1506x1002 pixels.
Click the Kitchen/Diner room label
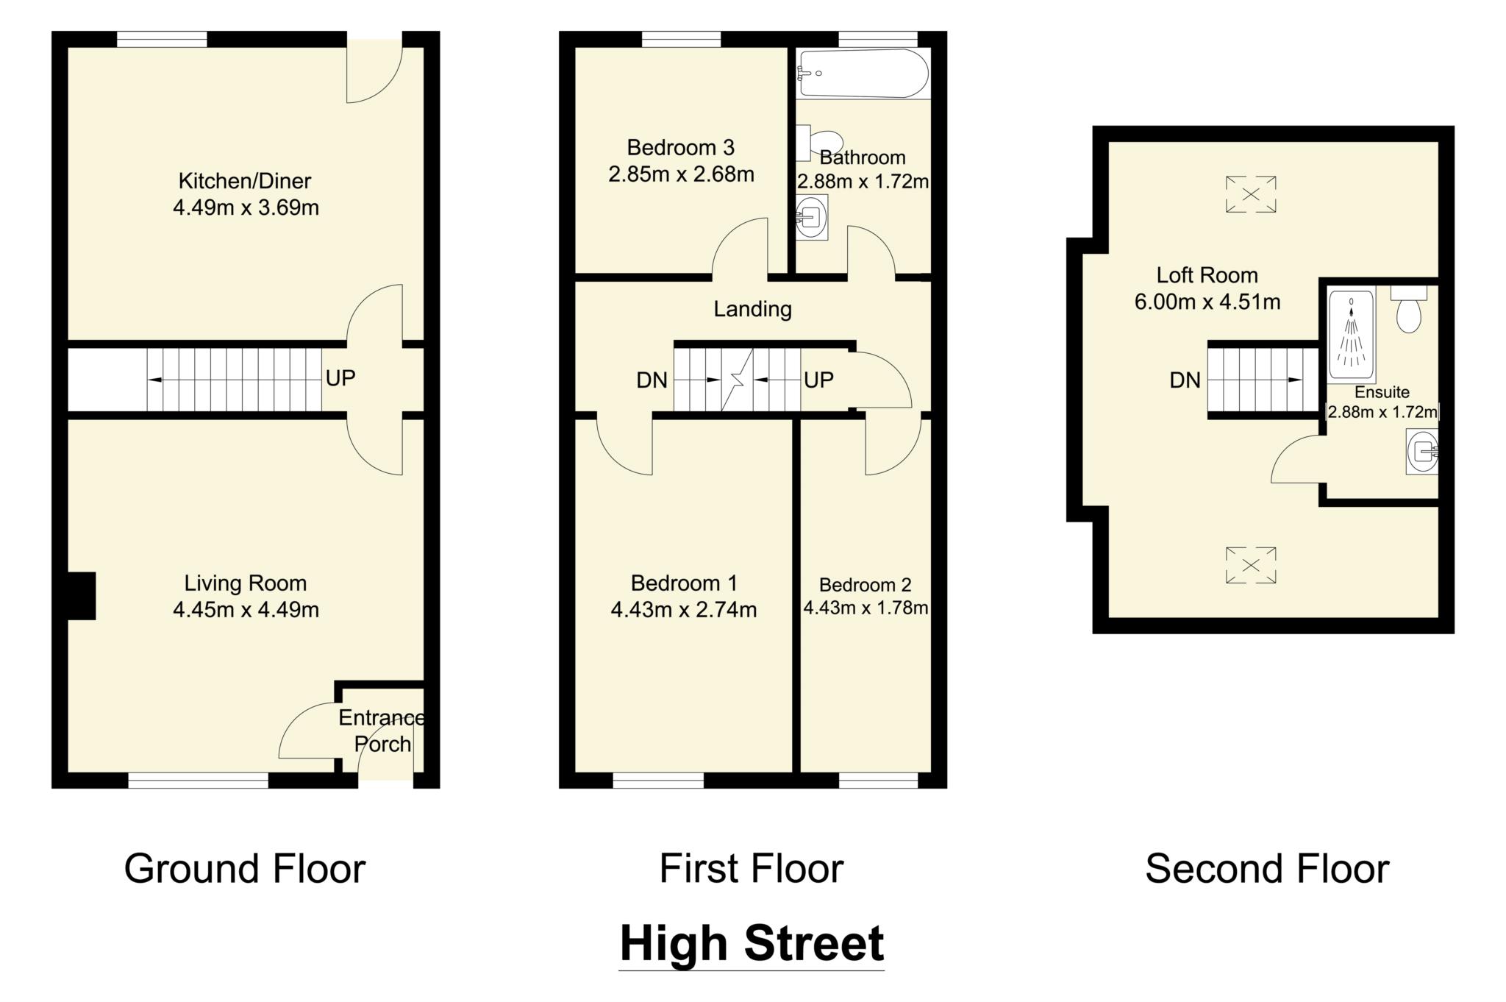click(x=245, y=181)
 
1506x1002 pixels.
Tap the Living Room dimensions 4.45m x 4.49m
click(x=246, y=610)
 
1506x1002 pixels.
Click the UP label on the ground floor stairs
click(x=340, y=378)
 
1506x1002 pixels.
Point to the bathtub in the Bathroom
click(x=863, y=73)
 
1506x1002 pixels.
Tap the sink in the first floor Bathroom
click(x=812, y=217)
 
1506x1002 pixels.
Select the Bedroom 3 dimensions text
click(x=681, y=174)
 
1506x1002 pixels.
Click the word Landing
click(x=752, y=309)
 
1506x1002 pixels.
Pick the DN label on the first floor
click(x=652, y=380)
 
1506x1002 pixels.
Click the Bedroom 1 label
click(x=684, y=583)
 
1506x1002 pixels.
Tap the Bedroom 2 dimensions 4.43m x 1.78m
click(x=866, y=608)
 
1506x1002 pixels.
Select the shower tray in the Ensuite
click(x=1351, y=335)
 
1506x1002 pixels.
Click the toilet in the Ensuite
click(x=1408, y=310)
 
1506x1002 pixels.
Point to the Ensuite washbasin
click(x=1422, y=451)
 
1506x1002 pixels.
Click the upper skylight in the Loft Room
click(x=1250, y=194)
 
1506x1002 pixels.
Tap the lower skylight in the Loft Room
click(x=1250, y=565)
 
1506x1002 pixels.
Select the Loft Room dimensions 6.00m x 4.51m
click(x=1207, y=302)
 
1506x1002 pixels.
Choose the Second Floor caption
click(x=1267, y=868)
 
